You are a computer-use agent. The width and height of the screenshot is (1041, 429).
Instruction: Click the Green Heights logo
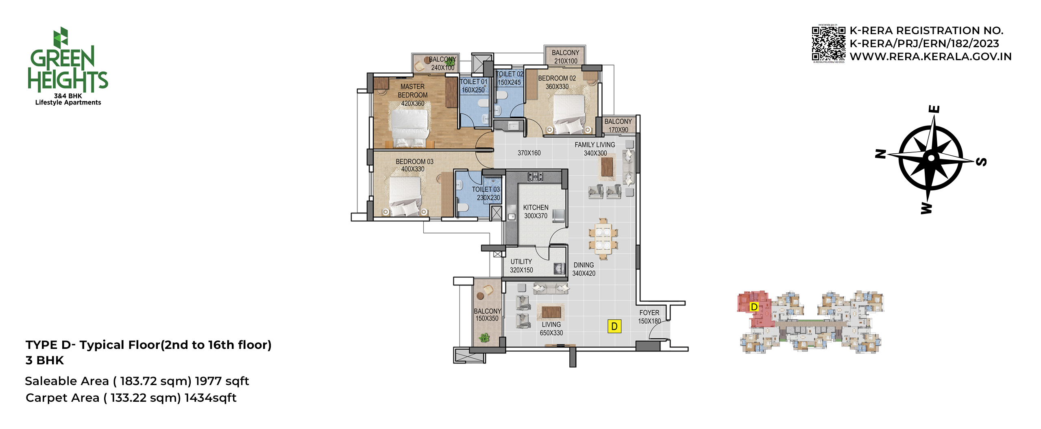click(68, 66)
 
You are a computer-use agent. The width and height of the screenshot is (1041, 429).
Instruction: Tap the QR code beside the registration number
click(828, 44)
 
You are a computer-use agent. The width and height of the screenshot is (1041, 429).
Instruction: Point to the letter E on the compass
click(934, 109)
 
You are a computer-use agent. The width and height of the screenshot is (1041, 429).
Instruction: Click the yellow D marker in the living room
click(614, 326)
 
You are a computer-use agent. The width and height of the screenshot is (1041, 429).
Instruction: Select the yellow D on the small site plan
click(754, 307)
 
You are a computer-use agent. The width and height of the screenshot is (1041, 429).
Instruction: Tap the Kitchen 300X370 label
click(536, 211)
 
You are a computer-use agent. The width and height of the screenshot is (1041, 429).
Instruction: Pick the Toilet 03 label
click(486, 194)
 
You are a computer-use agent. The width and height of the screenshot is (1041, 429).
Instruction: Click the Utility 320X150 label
click(521, 266)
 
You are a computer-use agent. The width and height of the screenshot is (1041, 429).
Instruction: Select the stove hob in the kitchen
click(535, 176)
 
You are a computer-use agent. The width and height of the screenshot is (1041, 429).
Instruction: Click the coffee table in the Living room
click(551, 312)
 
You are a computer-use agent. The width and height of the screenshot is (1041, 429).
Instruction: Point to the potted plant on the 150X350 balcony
click(484, 337)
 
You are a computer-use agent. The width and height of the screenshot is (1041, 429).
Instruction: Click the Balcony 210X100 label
click(566, 57)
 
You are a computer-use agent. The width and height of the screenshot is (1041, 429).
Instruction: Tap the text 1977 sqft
click(222, 381)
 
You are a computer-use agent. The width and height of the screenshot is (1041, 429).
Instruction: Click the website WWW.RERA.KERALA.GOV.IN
click(931, 57)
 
